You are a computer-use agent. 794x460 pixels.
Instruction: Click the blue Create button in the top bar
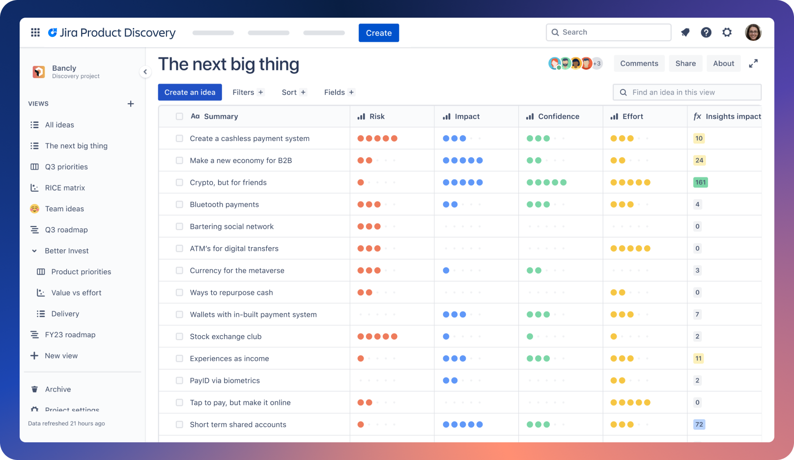point(378,33)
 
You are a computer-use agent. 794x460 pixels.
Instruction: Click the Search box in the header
point(608,32)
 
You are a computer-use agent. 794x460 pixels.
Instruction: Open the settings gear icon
point(727,32)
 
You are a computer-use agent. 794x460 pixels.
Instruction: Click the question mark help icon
point(706,32)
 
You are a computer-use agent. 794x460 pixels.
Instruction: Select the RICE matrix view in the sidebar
point(64,188)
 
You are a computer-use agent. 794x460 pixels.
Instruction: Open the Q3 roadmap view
point(66,230)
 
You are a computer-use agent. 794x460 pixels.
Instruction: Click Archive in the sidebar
point(57,389)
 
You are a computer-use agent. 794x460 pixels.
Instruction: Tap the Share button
point(685,63)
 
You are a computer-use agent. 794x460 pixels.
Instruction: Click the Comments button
point(639,63)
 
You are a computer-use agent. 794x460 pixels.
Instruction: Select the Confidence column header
point(558,116)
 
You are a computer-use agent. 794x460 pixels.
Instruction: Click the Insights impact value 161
point(700,182)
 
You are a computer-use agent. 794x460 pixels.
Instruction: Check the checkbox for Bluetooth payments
point(179,204)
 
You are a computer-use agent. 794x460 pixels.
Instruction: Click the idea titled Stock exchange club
point(226,337)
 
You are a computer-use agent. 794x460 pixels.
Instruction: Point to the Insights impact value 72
point(699,425)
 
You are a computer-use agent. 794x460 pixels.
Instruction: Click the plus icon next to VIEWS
point(131,104)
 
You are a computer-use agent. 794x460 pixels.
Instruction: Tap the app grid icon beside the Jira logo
point(35,32)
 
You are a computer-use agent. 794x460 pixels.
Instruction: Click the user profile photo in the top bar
point(753,32)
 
